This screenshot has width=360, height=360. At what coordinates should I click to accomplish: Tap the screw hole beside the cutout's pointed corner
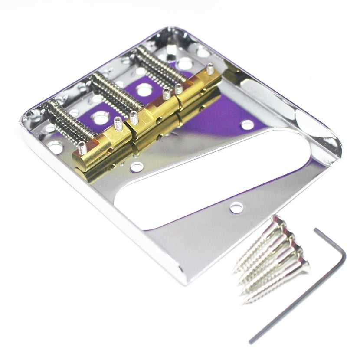236,208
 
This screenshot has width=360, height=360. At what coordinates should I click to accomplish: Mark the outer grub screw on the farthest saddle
210,69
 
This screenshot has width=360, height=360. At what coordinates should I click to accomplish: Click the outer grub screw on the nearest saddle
82,149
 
